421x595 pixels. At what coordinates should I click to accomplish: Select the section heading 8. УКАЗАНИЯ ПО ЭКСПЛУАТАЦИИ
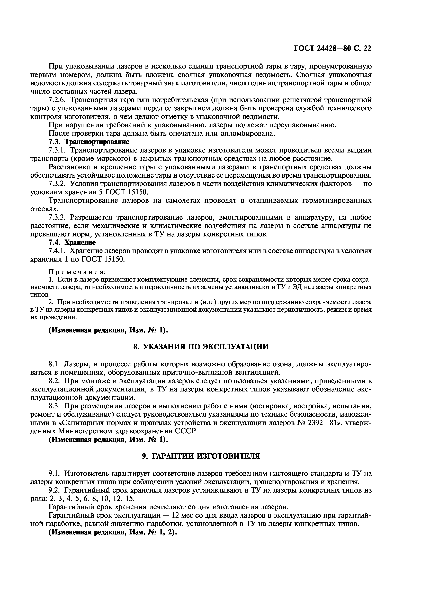(x=201, y=347)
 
